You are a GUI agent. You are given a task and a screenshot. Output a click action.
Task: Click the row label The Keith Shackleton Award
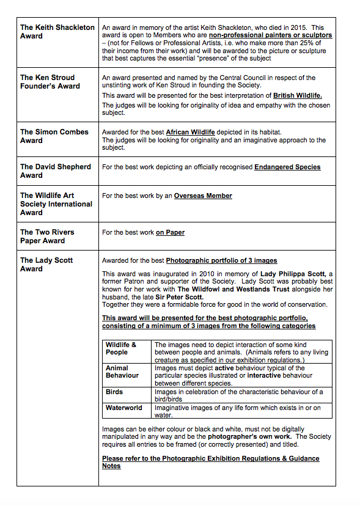click(x=57, y=32)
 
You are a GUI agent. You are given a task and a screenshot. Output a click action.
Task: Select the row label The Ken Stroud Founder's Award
click(x=50, y=82)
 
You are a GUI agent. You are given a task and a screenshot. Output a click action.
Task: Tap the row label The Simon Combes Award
click(x=54, y=136)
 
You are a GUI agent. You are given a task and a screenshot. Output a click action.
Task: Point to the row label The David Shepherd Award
click(x=55, y=170)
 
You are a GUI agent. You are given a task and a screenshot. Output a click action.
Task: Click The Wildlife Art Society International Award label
click(x=56, y=204)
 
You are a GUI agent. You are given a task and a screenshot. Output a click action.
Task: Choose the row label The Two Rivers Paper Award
click(x=46, y=236)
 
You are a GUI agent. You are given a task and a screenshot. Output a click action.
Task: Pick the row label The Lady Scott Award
click(x=46, y=264)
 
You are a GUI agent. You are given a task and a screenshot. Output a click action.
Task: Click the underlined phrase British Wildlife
click(x=297, y=96)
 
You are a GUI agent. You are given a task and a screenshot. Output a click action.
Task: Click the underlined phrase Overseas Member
click(x=203, y=196)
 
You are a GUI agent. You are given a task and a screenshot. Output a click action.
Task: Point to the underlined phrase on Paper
click(x=170, y=232)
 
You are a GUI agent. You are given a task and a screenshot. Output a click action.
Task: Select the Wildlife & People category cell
click(x=120, y=348)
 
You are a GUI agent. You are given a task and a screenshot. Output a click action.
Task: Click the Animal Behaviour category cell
click(x=122, y=372)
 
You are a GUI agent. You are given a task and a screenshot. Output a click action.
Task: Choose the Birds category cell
click(x=114, y=392)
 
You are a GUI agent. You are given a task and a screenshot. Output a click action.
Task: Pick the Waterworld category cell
click(x=123, y=408)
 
